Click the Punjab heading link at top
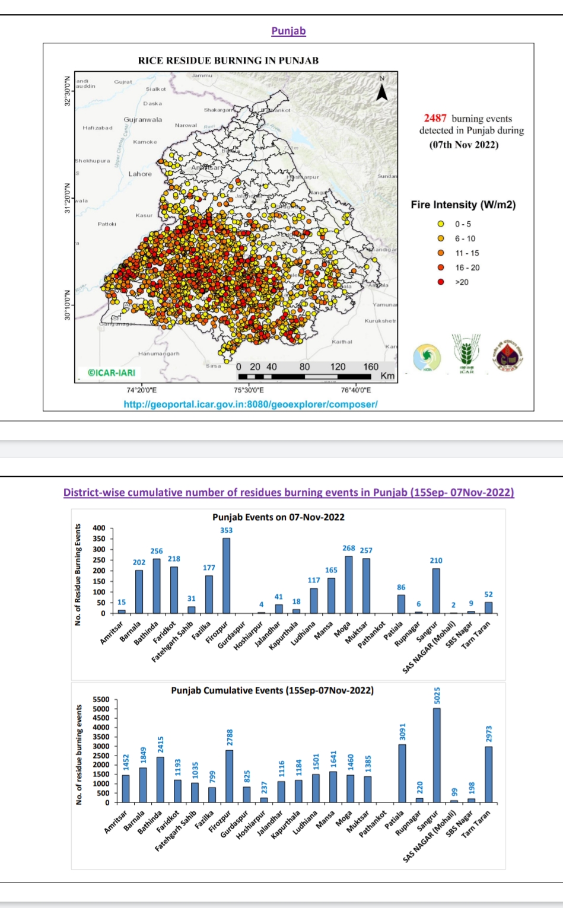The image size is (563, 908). pos(288,31)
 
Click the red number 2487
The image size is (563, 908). pos(435,118)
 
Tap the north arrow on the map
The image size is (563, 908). pos(382,91)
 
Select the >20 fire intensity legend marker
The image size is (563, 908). pos(441,282)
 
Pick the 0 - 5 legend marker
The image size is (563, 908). pos(441,224)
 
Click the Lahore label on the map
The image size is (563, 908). pos(140,174)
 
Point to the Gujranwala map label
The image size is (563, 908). pos(142,120)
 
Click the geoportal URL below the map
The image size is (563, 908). pos(250,404)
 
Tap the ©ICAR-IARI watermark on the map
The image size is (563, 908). pos(111,373)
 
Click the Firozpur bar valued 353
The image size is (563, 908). pos(226,575)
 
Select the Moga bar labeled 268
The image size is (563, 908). pos(348,584)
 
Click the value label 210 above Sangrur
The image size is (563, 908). pos(436,560)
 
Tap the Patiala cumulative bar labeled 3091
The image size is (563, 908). pos(402,773)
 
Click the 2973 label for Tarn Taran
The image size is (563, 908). pos(489,734)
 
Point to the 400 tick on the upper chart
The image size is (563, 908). pos(99,528)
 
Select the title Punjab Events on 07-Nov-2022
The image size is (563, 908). pos(278,517)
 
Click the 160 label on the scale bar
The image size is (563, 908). pos(371,367)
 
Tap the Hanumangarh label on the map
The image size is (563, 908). pos(158,353)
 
